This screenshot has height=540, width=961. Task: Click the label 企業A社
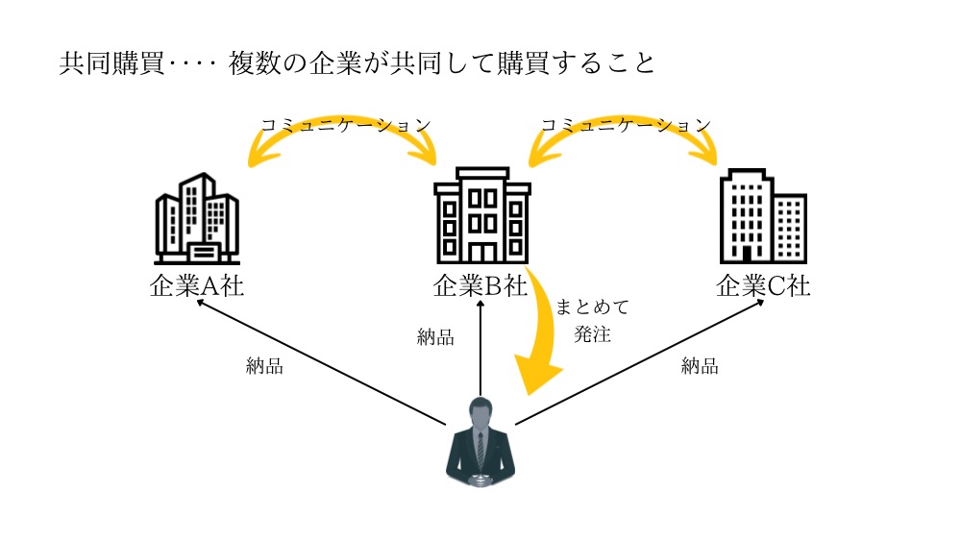click(x=196, y=285)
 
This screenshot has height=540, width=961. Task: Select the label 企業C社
click(x=763, y=285)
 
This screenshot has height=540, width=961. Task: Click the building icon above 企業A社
click(x=196, y=219)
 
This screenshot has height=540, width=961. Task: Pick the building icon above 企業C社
click(x=763, y=217)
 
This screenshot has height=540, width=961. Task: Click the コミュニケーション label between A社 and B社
click(x=345, y=125)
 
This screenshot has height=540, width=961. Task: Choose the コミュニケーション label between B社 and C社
click(x=626, y=125)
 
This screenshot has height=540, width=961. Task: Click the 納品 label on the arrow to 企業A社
click(x=264, y=366)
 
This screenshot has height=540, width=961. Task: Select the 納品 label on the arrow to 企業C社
click(x=700, y=365)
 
